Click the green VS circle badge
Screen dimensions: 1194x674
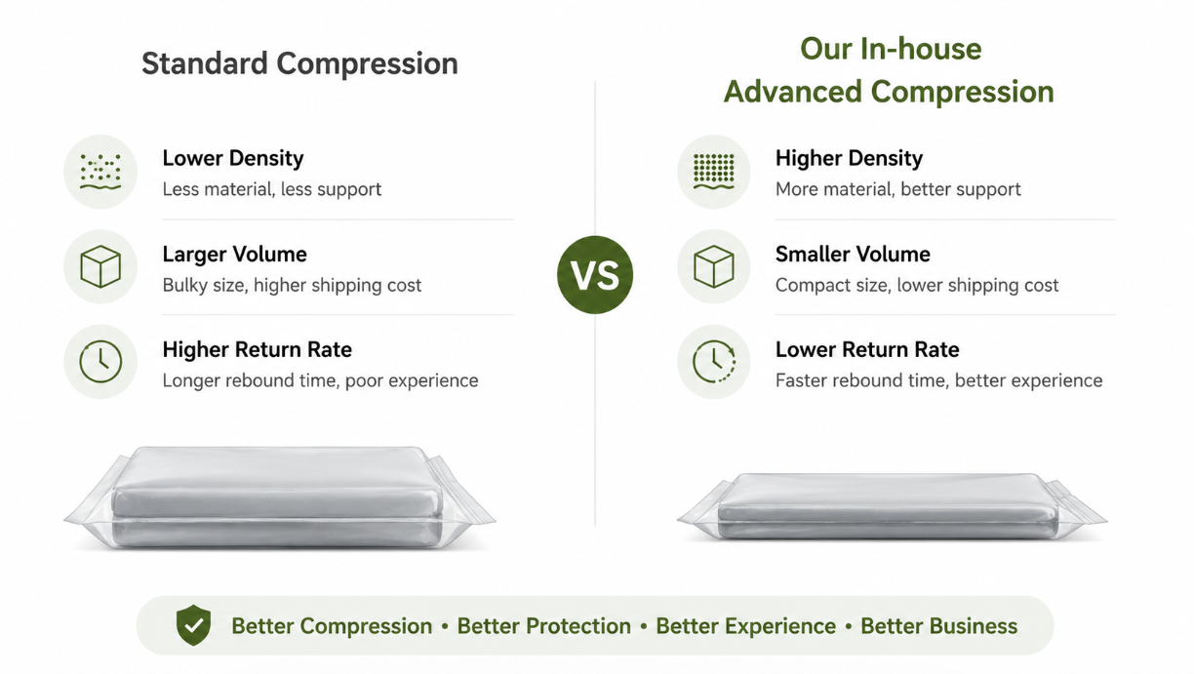pos(595,274)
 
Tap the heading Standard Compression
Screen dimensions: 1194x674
pos(299,63)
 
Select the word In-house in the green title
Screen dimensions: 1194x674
pos(921,49)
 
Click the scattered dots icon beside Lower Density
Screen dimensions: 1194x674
pos(100,172)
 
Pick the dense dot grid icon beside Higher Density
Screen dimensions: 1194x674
pos(714,172)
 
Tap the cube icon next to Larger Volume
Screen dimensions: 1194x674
pos(100,266)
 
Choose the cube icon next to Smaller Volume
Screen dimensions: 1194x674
pos(714,266)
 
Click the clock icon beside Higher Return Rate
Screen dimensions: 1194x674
pos(100,362)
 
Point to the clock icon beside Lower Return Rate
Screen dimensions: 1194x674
pos(714,362)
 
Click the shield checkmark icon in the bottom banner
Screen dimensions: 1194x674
pos(193,625)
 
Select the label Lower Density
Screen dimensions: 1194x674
pos(233,158)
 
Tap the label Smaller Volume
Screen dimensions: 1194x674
pos(853,255)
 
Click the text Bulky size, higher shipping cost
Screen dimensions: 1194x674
pos(292,285)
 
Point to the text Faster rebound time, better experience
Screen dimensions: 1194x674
pos(938,380)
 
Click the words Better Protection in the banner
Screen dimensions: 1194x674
pos(544,626)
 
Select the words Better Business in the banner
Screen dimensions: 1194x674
pos(939,626)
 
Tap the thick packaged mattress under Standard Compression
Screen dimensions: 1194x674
pos(280,497)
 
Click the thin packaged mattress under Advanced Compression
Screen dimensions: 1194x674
pos(892,507)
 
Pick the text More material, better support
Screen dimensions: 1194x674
pos(898,189)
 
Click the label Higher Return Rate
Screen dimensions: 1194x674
pos(257,349)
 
